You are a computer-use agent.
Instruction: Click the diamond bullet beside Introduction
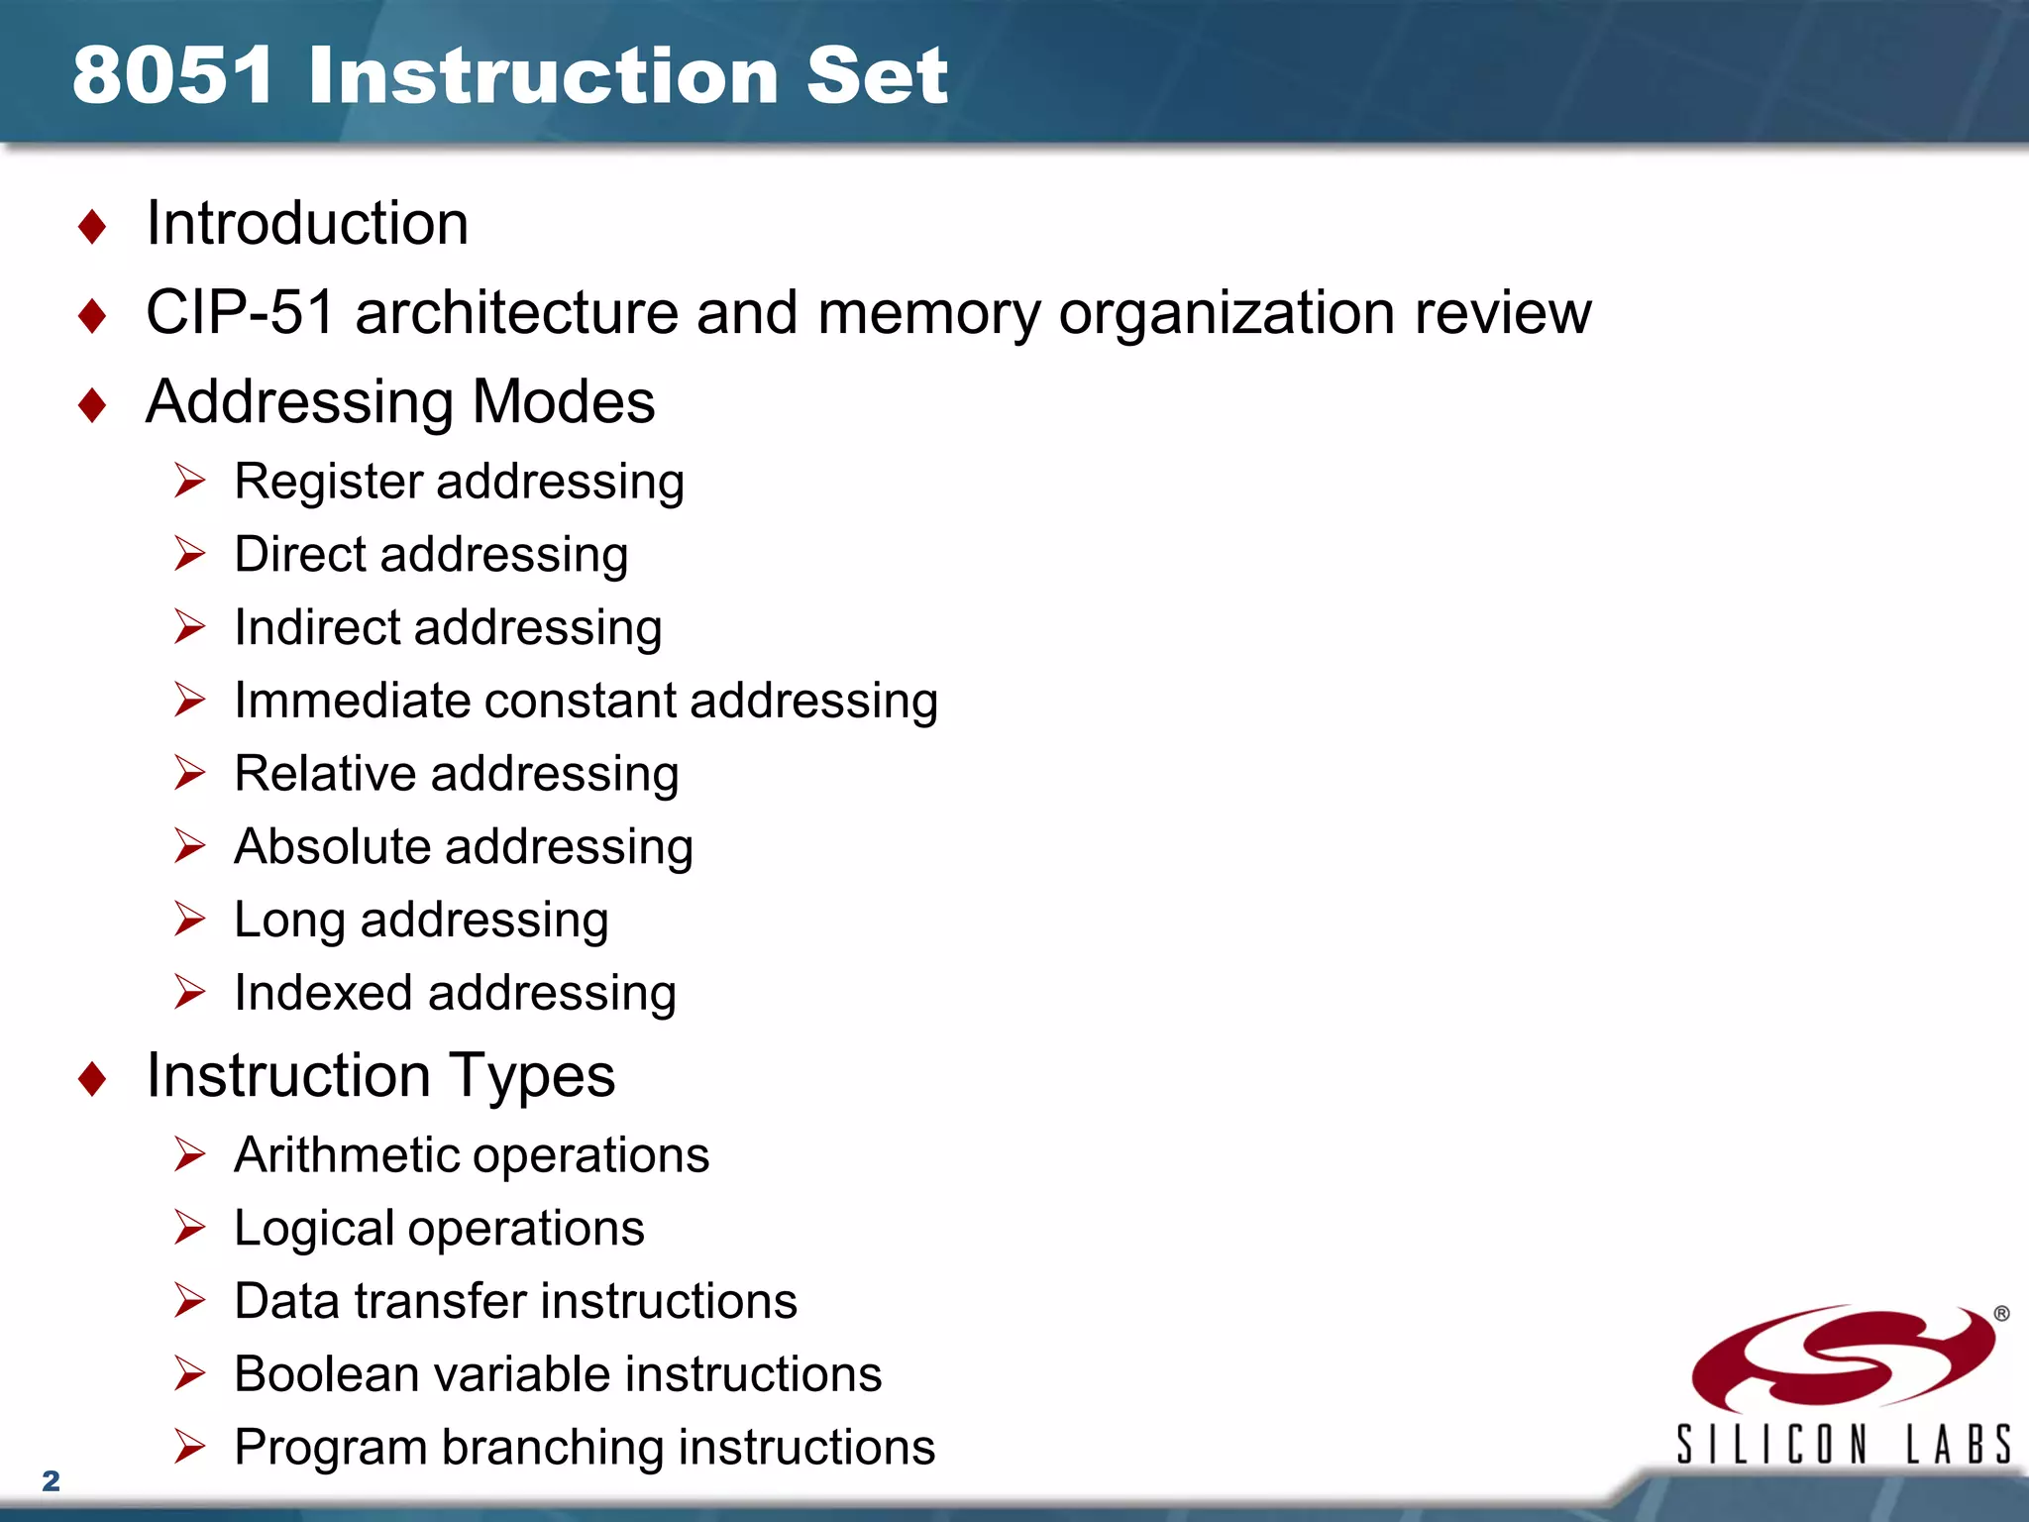(92, 226)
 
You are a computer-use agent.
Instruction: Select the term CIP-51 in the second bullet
(240, 313)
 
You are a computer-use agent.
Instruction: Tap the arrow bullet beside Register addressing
(189, 481)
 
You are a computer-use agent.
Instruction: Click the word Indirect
(317, 627)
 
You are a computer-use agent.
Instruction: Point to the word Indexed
(323, 993)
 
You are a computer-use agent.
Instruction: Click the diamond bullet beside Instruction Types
(92, 1078)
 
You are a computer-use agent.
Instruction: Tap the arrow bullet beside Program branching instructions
(189, 1447)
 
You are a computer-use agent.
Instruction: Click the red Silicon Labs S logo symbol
(1843, 1358)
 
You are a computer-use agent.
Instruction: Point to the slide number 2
(52, 1480)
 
